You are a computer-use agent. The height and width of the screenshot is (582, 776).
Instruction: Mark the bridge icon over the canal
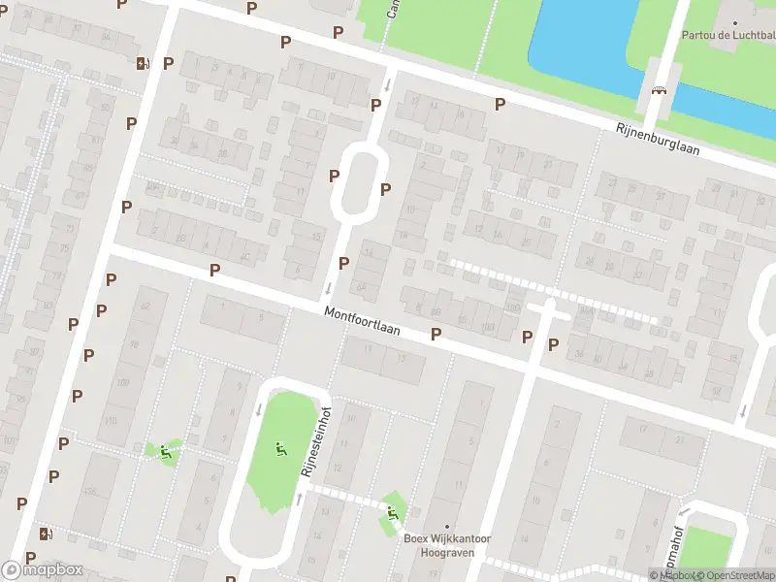[660, 91]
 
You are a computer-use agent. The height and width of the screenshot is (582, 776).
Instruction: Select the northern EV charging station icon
[143, 64]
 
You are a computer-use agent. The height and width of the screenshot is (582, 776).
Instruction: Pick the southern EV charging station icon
[45, 533]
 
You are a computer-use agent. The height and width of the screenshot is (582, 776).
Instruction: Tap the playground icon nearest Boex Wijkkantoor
[392, 511]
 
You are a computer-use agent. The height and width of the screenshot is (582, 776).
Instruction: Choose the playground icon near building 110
[165, 450]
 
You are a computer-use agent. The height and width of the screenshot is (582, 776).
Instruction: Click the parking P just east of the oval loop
[385, 189]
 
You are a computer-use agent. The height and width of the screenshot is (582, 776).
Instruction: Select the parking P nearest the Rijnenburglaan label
[501, 105]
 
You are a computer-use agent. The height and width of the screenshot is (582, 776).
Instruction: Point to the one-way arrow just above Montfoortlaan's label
[328, 288]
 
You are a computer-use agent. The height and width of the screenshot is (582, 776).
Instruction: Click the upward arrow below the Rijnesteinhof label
[299, 500]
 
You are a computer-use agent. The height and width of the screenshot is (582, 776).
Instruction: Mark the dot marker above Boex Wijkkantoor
[446, 527]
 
